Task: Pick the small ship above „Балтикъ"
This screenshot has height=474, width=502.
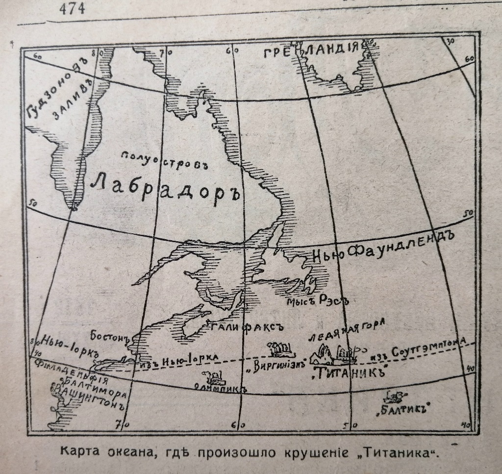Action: click(x=395, y=396)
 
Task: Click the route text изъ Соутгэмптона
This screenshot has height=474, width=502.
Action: click(x=423, y=349)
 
